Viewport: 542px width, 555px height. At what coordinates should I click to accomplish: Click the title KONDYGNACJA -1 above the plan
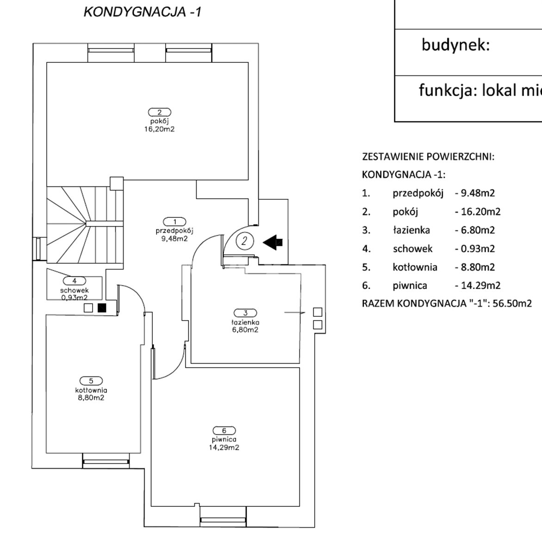tap(142, 12)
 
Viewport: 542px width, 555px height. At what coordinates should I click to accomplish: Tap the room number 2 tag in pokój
tap(160, 112)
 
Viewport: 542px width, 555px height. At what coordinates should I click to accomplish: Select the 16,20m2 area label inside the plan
tap(159, 129)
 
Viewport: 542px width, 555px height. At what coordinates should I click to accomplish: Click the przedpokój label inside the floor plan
tap(174, 230)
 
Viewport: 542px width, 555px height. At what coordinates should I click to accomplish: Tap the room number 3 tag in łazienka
tap(245, 313)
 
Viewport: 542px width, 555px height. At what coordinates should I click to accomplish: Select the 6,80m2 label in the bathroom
tap(246, 330)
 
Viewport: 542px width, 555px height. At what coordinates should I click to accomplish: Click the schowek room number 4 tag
tap(75, 280)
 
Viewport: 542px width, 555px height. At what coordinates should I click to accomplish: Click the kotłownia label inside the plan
tap(91, 390)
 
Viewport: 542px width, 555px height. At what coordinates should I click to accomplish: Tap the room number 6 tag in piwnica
tap(224, 430)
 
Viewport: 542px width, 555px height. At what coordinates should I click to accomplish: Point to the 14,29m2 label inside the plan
tap(224, 447)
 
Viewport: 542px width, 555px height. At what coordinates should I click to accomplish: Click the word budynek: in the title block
tap(455, 45)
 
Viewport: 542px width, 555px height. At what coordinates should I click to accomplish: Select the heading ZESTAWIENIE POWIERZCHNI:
tap(428, 156)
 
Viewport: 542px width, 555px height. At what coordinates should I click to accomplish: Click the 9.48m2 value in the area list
tap(477, 193)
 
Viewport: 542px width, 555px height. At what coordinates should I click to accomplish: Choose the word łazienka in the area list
tap(411, 230)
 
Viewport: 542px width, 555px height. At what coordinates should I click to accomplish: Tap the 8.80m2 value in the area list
tap(477, 267)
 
